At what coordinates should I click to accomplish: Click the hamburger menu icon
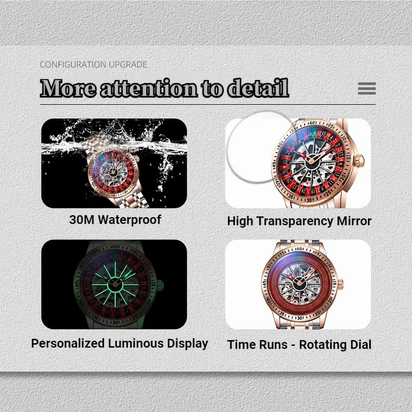(x=367, y=88)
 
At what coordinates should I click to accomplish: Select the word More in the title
(x=68, y=88)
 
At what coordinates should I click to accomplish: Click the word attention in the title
(x=149, y=89)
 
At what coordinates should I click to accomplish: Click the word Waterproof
(x=130, y=220)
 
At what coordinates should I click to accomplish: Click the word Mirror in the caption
(x=354, y=221)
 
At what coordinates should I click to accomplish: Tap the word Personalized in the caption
(x=68, y=344)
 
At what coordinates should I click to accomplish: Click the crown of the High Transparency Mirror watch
(x=358, y=161)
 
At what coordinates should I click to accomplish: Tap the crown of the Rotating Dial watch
(x=340, y=284)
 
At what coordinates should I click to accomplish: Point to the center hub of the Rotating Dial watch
(x=299, y=283)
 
